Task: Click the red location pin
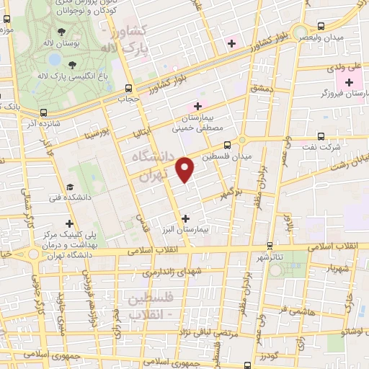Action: (x=186, y=169)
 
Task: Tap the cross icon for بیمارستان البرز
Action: (x=186, y=218)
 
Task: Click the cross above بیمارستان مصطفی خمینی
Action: (x=197, y=106)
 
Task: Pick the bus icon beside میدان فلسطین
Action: (x=228, y=144)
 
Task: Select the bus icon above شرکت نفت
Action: (x=319, y=136)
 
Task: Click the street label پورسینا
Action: (x=96, y=134)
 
